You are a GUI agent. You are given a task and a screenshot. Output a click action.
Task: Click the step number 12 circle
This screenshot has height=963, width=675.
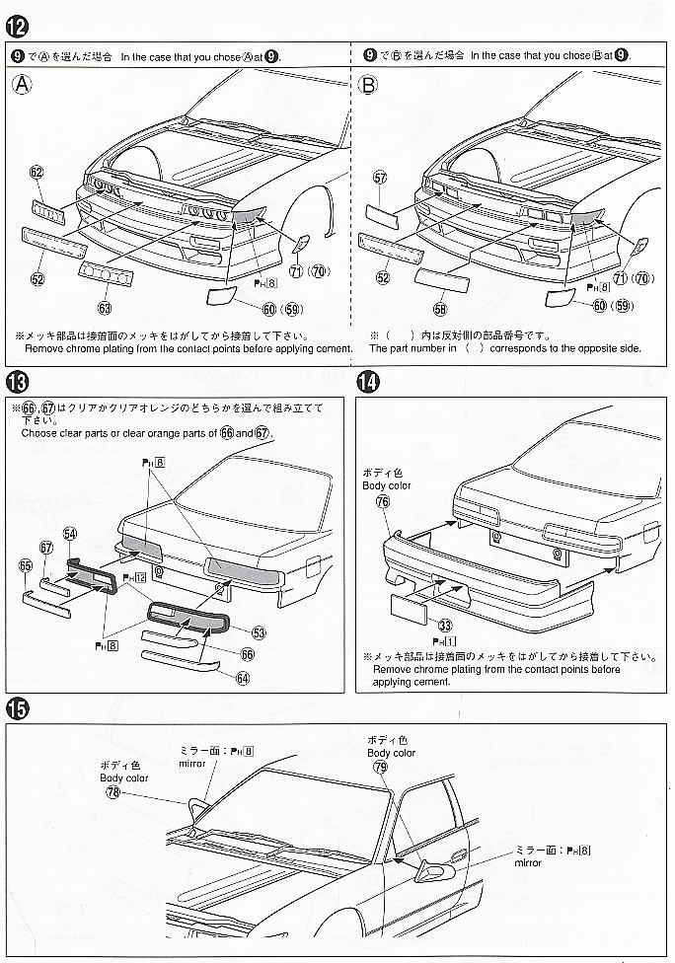click(x=17, y=22)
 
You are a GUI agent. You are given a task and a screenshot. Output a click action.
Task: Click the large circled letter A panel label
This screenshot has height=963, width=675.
click(x=23, y=85)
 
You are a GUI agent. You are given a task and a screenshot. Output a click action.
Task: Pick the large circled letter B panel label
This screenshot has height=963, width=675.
click(x=368, y=85)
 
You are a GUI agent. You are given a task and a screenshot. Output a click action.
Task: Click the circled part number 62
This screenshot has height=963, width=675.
click(x=37, y=172)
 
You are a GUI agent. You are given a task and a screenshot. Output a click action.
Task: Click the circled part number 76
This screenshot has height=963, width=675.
click(x=383, y=501)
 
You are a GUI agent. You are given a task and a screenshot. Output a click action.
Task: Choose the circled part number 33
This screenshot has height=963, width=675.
click(x=446, y=625)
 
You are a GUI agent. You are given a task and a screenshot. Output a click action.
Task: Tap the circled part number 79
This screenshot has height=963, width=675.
click(x=380, y=767)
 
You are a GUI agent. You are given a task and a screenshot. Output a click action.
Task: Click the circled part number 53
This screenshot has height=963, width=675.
click(x=259, y=631)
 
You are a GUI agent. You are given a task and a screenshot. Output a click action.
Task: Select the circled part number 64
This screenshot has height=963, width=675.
click(x=242, y=677)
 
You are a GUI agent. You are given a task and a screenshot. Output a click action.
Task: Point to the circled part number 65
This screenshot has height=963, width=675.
click(x=26, y=565)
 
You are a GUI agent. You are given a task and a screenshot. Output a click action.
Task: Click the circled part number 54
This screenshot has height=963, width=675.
click(x=70, y=534)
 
